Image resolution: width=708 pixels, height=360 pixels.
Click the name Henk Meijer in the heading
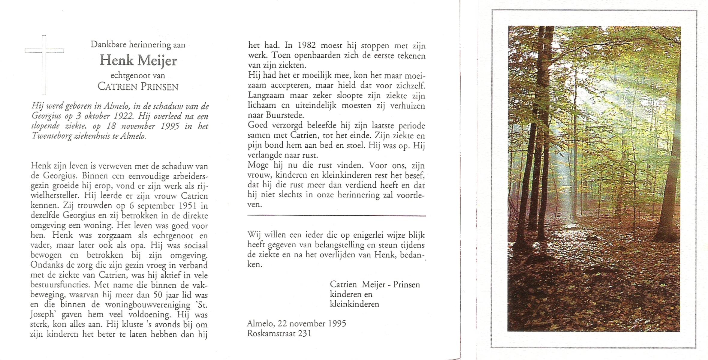tap(138, 61)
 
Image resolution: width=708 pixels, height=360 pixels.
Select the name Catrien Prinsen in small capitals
tap(138, 87)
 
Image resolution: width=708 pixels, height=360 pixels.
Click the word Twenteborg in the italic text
tap(52, 136)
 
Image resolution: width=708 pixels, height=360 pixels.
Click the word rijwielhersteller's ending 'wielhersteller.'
tap(56, 196)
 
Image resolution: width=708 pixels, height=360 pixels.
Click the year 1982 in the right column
tap(306, 46)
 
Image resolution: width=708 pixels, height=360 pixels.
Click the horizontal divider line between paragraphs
tap(336, 216)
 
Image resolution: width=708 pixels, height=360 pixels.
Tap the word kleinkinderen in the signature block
tap(354, 304)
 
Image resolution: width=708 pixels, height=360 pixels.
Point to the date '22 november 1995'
tap(312, 324)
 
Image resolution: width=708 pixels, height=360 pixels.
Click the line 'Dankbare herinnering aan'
tap(138, 45)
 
